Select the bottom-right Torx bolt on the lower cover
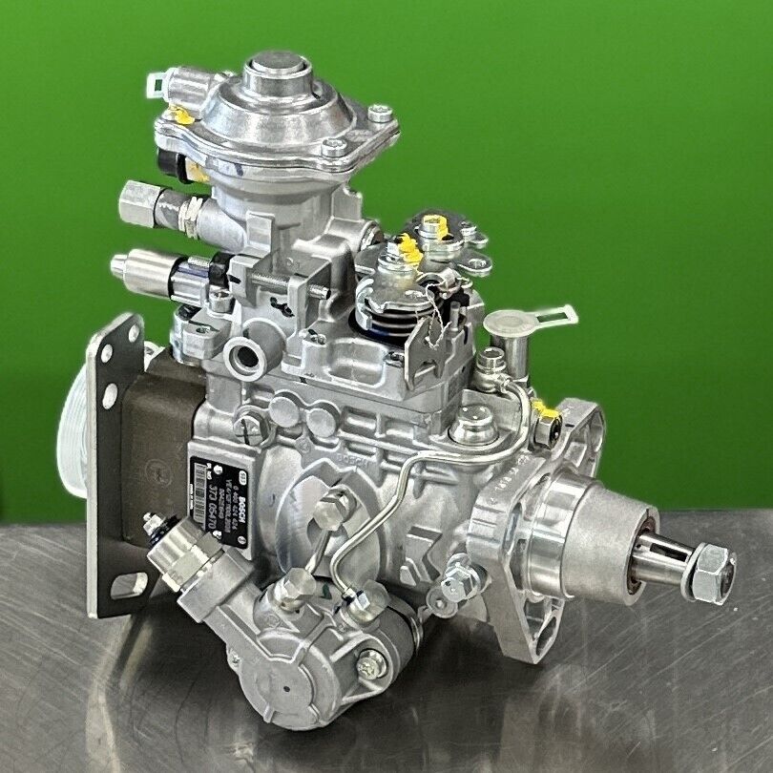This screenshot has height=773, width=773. point(369,662)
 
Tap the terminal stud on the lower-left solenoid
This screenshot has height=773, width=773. point(151,521)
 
